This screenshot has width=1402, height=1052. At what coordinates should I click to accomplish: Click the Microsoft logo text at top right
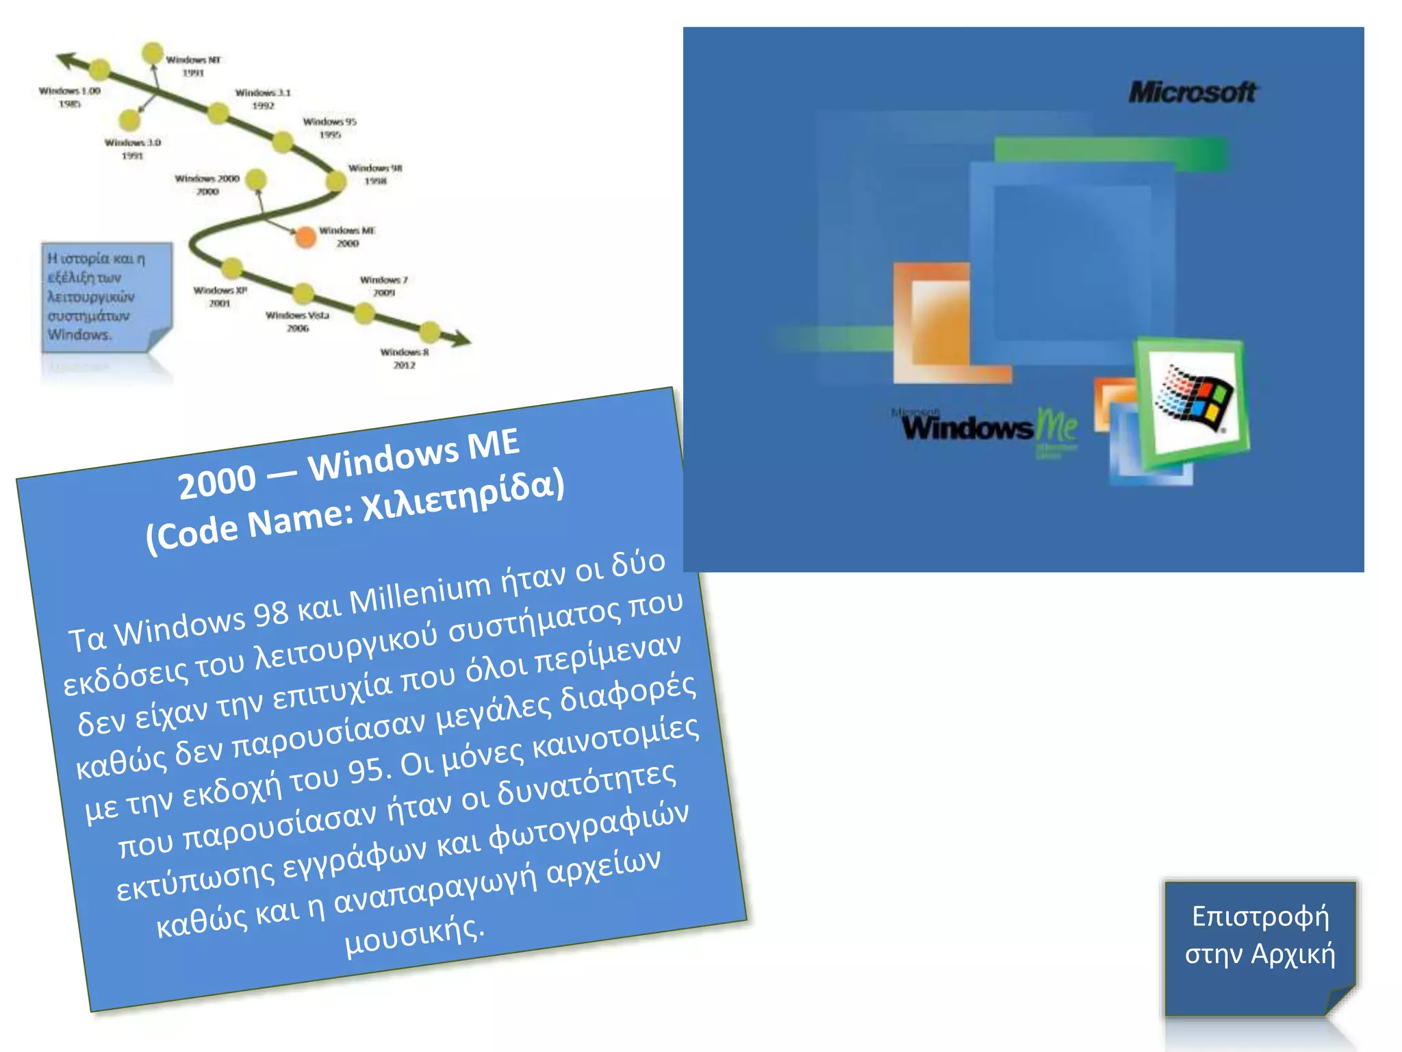coord(1192,92)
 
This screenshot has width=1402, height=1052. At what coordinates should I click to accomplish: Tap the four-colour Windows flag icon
coord(1195,399)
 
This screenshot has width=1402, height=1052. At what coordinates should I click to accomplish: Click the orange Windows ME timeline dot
coord(305,237)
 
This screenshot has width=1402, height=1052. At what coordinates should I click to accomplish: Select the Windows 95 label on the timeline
coord(329,128)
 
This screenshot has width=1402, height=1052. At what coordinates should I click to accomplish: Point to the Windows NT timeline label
coord(193,66)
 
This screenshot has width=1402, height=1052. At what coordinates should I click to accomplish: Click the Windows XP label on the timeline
coord(220,297)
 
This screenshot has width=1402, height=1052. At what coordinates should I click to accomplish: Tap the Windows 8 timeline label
coord(405,358)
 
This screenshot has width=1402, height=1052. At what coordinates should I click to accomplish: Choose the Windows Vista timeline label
coord(297,321)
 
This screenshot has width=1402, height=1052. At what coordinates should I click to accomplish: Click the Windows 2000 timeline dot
coord(256,179)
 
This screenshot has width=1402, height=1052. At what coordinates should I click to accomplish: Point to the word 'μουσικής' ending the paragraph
coord(414,936)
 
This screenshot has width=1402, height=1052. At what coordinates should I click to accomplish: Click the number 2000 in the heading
coord(217,482)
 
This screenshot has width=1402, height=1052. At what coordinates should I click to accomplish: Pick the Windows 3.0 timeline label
coord(132,149)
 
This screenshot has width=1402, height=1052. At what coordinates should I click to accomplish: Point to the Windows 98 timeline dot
coord(335,181)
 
